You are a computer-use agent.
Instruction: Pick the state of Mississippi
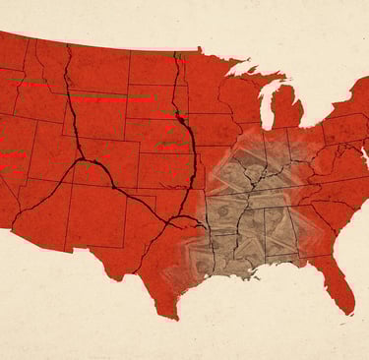[254, 236]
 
